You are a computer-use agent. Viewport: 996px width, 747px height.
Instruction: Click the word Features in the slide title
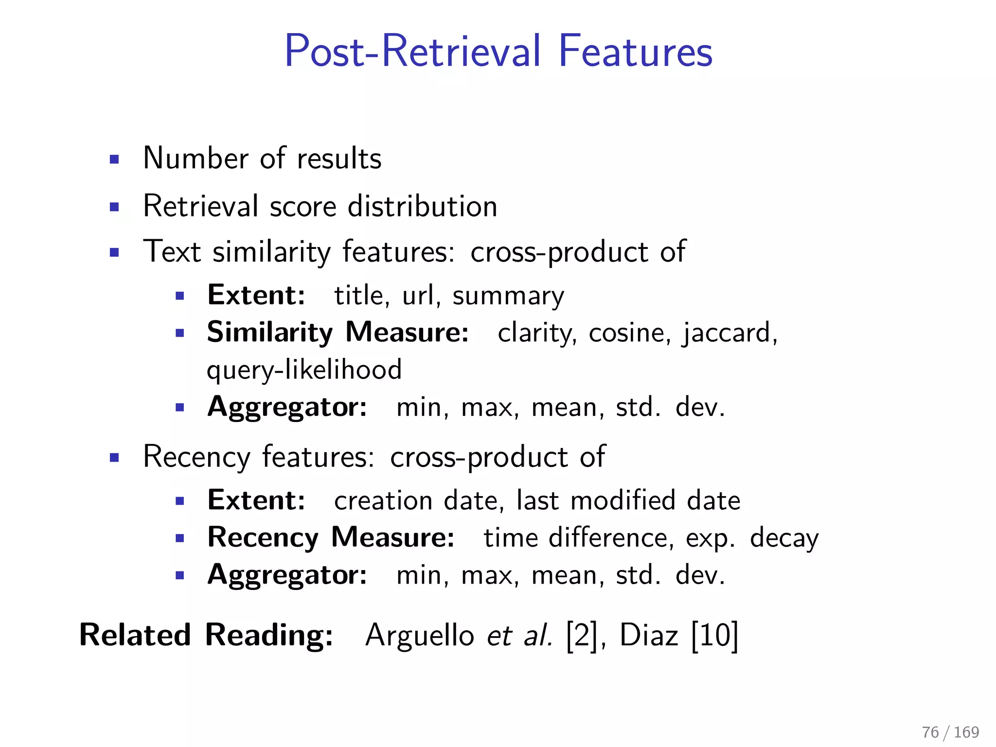pos(635,51)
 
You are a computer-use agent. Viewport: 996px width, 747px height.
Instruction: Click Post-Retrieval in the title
pos(412,51)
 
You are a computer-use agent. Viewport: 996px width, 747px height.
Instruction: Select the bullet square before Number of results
pos(114,159)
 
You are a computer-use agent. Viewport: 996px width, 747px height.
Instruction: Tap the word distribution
pos(423,206)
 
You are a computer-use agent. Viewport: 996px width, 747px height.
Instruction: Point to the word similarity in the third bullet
pos(272,252)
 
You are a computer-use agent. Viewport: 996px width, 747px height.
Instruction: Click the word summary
pos(508,297)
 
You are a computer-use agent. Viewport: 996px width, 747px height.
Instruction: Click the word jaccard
pos(728,334)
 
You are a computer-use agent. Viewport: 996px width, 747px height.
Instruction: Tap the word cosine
pos(626,333)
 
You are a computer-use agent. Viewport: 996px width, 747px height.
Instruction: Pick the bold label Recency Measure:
pos(331,538)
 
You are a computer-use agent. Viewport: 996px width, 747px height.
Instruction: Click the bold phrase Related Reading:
pos(206,635)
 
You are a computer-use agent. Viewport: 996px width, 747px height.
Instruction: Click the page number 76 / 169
pos(950,732)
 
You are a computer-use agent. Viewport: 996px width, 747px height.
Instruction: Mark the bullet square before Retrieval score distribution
pos(114,207)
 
